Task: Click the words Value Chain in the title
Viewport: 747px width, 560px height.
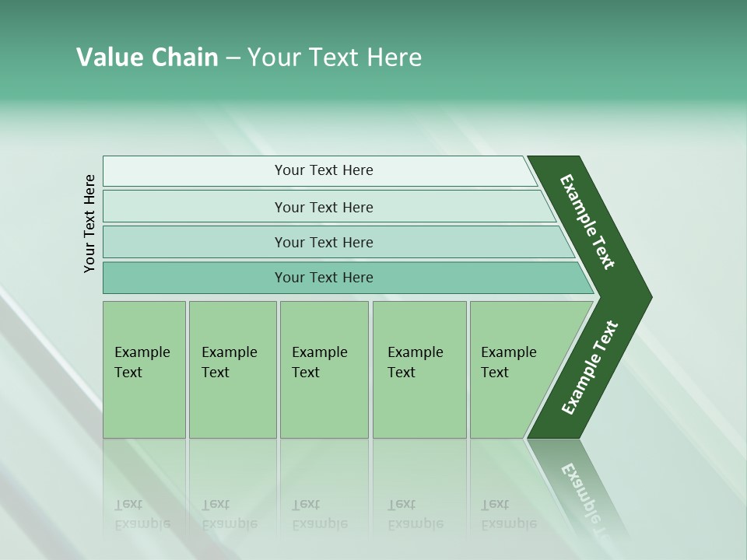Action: (x=147, y=58)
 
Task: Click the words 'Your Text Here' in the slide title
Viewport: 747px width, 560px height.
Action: (x=335, y=58)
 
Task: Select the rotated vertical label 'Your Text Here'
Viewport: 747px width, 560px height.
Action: (x=89, y=223)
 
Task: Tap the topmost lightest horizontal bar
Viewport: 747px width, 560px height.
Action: (x=323, y=170)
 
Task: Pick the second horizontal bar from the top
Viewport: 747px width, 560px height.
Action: (x=323, y=207)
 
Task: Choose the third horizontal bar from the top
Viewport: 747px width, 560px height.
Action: (x=323, y=242)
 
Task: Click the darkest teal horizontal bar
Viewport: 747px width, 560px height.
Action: (x=323, y=278)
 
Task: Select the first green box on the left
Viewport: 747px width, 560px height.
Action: (x=144, y=369)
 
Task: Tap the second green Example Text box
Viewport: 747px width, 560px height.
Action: (x=232, y=369)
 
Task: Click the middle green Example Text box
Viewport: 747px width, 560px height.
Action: (x=324, y=369)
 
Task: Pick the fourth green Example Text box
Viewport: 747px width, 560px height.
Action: (x=419, y=369)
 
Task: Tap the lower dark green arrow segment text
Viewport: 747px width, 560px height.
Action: (x=590, y=368)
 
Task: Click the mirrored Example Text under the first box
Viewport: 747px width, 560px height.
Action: (x=142, y=515)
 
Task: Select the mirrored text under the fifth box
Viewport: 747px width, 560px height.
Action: (x=508, y=515)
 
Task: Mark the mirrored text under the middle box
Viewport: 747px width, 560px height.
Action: (x=319, y=515)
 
